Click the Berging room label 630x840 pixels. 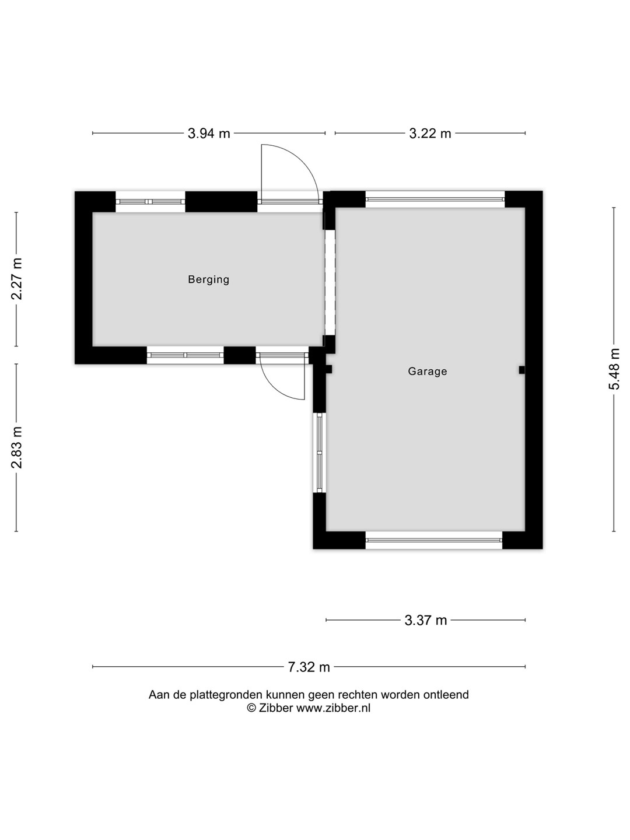[208, 280]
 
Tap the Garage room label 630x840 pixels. [427, 371]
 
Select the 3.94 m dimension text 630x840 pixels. [209, 133]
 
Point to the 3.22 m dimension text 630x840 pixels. [430, 133]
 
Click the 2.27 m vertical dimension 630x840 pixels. [16, 279]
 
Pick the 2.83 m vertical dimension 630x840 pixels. [16, 447]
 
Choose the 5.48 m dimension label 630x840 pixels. [614, 369]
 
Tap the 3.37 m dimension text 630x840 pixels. [426, 620]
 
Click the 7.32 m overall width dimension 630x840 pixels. [309, 667]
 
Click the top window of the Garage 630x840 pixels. [435, 199]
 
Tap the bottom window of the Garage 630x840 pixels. [434, 540]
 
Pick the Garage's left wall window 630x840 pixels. [320, 453]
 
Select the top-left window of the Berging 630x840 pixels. [150, 202]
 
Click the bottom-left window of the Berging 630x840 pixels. [185, 355]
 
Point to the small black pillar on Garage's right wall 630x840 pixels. [521, 370]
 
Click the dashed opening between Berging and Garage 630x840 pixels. [330, 282]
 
